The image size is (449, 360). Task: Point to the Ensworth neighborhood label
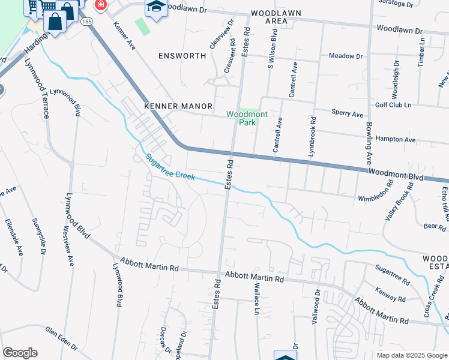pos(182,56)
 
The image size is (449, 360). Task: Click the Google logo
pos(20,353)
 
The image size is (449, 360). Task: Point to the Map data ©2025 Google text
pos(412,355)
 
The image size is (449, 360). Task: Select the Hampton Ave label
pos(395,139)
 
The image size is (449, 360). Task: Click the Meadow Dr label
pos(346,56)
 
